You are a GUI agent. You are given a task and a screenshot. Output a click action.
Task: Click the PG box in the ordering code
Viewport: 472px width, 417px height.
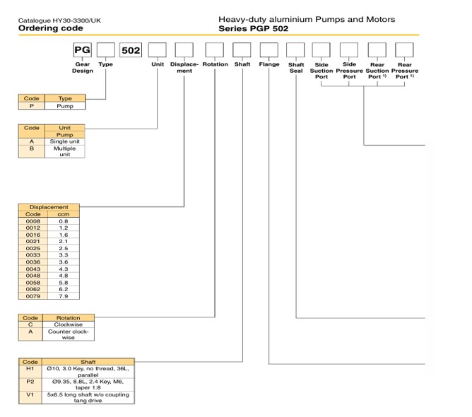pyautogui.click(x=83, y=51)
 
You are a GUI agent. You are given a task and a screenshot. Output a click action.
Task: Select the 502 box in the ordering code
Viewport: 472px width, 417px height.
pyautogui.click(x=131, y=51)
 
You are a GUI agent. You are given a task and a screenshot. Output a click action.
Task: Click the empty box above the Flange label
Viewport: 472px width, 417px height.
pyautogui.click(x=269, y=51)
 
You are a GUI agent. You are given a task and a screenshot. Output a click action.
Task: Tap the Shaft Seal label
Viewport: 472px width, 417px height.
pyautogui.click(x=296, y=68)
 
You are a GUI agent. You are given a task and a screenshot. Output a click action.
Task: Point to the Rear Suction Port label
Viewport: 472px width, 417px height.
pyautogui.click(x=377, y=71)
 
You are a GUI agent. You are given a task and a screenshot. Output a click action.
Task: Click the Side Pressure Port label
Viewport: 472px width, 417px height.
pyautogui.click(x=349, y=71)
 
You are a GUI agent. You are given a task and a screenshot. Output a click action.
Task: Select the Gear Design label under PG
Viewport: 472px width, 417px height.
pyautogui.click(x=83, y=68)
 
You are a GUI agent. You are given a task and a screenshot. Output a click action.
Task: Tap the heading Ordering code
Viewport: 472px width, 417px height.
pyautogui.click(x=50, y=28)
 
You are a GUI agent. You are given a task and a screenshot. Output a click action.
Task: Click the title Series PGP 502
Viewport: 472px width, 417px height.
pyautogui.click(x=255, y=29)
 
